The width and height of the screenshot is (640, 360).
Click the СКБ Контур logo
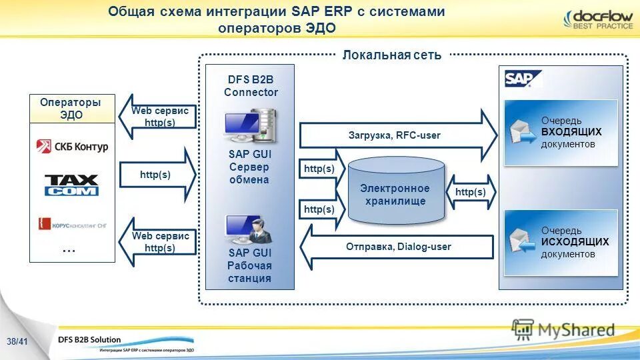72,146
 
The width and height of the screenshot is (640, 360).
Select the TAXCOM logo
71,185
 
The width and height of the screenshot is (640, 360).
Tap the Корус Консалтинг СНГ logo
72,224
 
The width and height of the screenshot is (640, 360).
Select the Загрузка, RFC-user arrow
397,135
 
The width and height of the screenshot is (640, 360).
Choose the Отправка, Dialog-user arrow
397,247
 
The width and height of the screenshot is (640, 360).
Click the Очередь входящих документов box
561,132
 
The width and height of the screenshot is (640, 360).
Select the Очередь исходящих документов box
561,243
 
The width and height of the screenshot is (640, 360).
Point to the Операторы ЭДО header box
71,109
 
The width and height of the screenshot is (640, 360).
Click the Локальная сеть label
391,55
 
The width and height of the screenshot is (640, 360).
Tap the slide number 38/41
16,342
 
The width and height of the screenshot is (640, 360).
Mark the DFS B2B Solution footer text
89,339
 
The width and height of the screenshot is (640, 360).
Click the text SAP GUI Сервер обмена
249,167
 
